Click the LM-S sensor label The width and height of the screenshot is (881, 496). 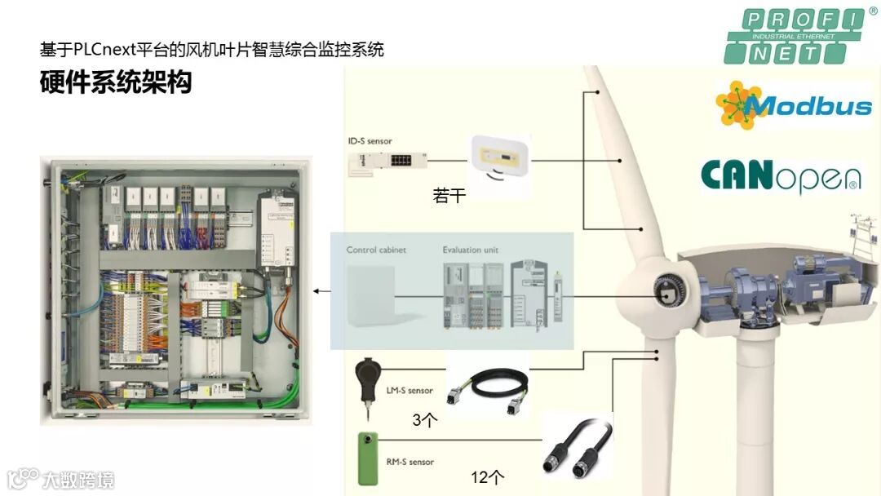(410, 391)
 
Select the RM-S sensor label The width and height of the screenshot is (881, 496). (410, 462)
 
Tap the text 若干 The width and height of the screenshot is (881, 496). (449, 196)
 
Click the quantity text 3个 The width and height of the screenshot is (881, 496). (426, 421)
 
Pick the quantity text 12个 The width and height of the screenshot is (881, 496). (488, 477)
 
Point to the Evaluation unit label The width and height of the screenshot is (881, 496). (470, 250)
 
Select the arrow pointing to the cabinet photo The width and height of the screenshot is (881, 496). (322, 290)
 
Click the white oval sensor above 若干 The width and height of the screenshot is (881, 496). (498, 157)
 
